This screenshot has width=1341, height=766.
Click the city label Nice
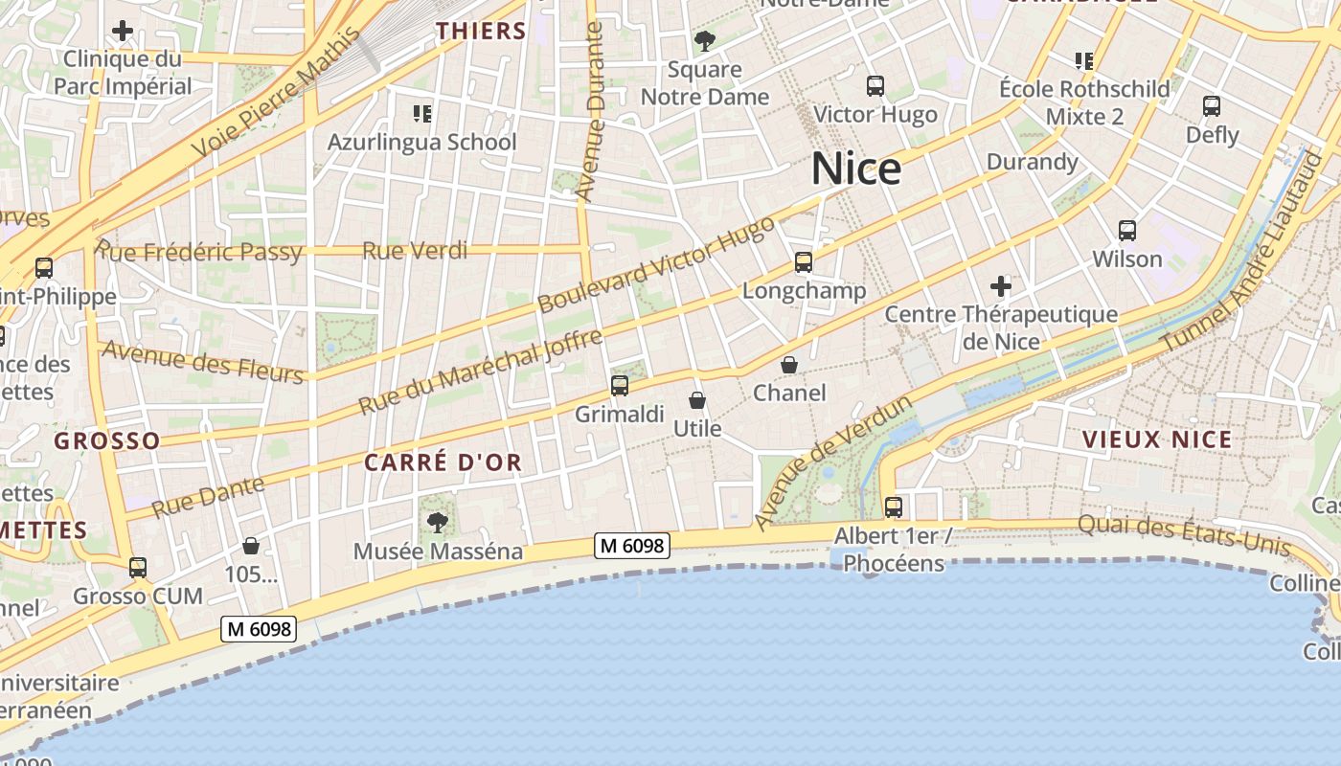tap(856, 169)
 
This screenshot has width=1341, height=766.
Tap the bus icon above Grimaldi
tap(620, 386)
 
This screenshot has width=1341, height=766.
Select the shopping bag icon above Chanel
tap(789, 365)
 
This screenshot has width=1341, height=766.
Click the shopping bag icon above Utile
tap(697, 400)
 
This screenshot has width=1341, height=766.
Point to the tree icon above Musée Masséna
tap(438, 523)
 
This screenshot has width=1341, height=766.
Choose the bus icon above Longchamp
tap(804, 261)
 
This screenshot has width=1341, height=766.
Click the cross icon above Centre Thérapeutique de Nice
tap(1001, 285)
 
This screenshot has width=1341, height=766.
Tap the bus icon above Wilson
tap(1127, 231)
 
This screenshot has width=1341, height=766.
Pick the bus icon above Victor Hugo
tap(875, 86)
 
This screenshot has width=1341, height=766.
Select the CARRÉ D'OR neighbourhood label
tap(443, 462)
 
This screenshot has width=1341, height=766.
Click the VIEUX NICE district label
tap(1156, 439)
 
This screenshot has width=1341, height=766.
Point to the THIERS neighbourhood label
tap(482, 32)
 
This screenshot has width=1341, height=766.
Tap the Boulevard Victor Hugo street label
tap(656, 264)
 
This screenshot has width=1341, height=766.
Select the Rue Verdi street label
tap(415, 251)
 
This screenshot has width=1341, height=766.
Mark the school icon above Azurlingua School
tap(422, 115)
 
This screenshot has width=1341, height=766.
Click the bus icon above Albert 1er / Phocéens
tap(894, 507)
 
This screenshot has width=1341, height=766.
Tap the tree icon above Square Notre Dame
tap(705, 41)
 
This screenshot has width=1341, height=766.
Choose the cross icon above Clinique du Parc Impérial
tap(123, 31)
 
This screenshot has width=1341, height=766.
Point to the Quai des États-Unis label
tap(1184, 534)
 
